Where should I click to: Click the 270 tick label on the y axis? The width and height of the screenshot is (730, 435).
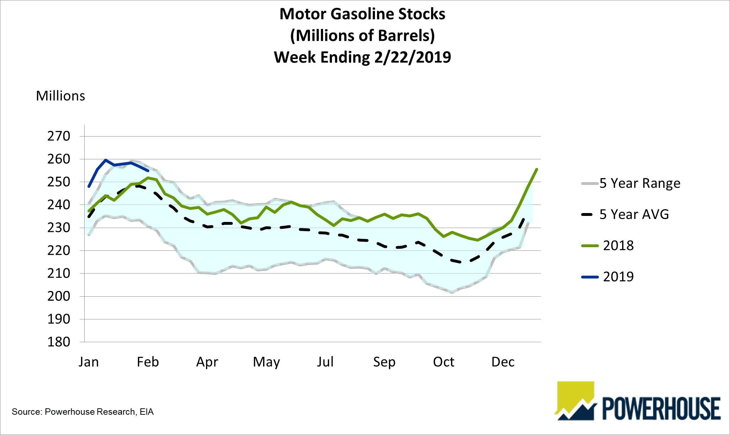pyautogui.click(x=59, y=136)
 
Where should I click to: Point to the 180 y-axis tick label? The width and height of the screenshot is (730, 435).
pyautogui.click(x=59, y=342)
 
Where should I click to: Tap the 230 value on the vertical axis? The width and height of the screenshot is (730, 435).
pyautogui.click(x=59, y=228)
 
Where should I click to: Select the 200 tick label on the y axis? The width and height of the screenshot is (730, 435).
pyautogui.click(x=59, y=296)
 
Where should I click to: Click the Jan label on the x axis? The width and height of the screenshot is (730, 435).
pyautogui.click(x=88, y=362)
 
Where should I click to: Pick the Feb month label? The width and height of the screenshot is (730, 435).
pyautogui.click(x=148, y=362)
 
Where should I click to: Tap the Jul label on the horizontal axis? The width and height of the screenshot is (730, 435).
pyautogui.click(x=325, y=362)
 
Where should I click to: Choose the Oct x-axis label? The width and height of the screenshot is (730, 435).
pyautogui.click(x=444, y=362)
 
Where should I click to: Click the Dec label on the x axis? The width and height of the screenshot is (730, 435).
pyautogui.click(x=503, y=362)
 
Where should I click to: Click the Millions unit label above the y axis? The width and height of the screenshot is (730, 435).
pyautogui.click(x=60, y=96)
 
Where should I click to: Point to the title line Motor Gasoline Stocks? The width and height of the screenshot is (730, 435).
pyautogui.click(x=362, y=14)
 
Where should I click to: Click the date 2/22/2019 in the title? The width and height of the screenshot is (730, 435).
pyautogui.click(x=412, y=57)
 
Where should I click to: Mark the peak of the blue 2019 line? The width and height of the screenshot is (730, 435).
pyautogui.click(x=106, y=160)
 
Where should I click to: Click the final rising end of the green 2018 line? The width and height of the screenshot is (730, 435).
pyautogui.click(x=536, y=169)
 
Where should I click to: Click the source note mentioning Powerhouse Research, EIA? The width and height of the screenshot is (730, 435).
pyautogui.click(x=82, y=412)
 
